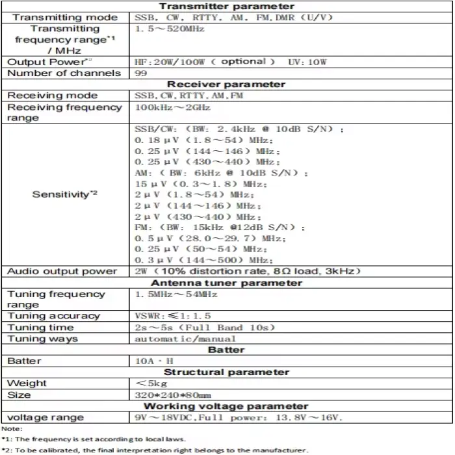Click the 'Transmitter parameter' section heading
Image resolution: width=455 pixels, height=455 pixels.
point(227,6)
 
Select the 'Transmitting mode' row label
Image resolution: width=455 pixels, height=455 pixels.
point(65,18)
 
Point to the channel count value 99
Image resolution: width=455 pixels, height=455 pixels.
point(140,73)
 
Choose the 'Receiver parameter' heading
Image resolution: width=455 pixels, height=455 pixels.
point(226,84)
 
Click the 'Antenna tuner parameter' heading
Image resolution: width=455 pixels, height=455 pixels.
point(226,283)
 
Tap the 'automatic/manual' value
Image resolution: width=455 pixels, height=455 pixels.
point(185,339)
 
